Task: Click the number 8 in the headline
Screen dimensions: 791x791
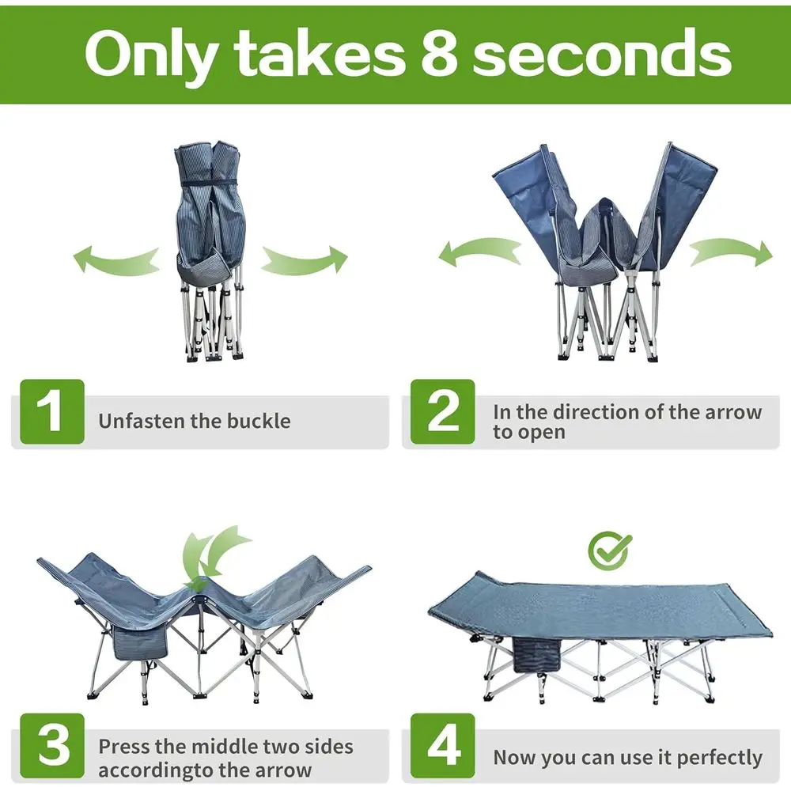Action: pyautogui.click(x=439, y=52)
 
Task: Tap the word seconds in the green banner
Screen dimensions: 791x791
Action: pyautogui.click(x=601, y=52)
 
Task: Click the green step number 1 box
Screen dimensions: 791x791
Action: pyautogui.click(x=52, y=411)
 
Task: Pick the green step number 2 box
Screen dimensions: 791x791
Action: pyautogui.click(x=442, y=411)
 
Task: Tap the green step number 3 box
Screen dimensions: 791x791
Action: pyautogui.click(x=52, y=746)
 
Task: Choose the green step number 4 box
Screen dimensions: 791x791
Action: pyautogui.click(x=442, y=746)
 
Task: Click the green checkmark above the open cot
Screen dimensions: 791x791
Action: pyautogui.click(x=609, y=550)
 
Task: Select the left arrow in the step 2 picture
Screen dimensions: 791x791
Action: pyautogui.click(x=480, y=252)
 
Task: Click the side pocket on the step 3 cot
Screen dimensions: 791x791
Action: pyautogui.click(x=141, y=642)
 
